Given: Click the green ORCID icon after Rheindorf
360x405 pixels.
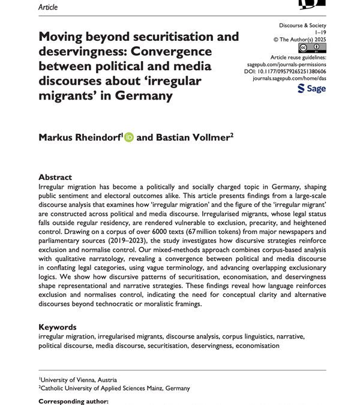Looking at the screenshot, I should pyautogui.click(x=129, y=137).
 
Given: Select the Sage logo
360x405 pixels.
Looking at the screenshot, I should pyautogui.click(x=311, y=89).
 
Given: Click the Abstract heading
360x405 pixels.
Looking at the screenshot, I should pyautogui.click(x=55, y=177).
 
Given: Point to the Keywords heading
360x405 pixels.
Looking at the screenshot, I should pyautogui.click(x=58, y=327).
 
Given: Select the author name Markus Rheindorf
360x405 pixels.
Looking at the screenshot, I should pyautogui.click(x=79, y=137).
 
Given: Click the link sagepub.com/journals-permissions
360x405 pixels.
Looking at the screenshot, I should pyautogui.click(x=287, y=62).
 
